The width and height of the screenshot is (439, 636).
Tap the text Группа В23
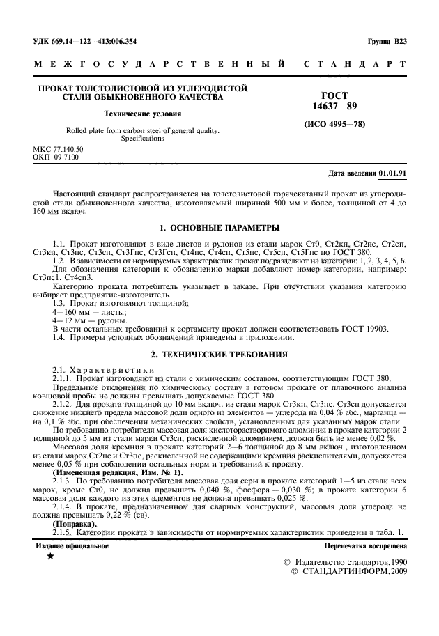coord(387,41)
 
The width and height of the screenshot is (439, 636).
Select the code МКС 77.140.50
coord(59,150)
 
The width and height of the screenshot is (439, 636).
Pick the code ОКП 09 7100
coord(56,157)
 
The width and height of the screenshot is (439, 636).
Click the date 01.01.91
coord(394,172)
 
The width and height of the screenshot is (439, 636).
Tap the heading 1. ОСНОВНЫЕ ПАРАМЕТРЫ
coord(219,228)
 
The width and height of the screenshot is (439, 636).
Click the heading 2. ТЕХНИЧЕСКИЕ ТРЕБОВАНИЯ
coord(219,354)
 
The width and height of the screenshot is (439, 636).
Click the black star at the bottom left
coord(49,556)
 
